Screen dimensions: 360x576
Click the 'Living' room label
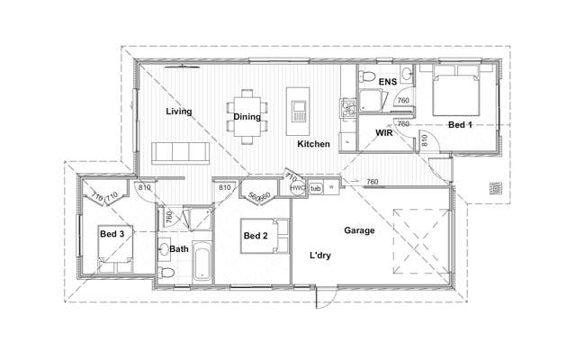(179, 112)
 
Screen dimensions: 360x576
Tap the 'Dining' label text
(247, 117)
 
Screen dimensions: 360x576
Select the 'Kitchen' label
(313, 144)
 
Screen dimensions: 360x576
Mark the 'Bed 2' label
(255, 236)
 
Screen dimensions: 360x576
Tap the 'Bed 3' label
(111, 234)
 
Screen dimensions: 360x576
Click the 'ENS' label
(387, 83)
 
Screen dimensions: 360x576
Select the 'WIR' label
(387, 133)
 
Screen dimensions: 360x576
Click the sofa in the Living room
(180, 153)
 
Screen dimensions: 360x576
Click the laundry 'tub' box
(315, 187)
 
